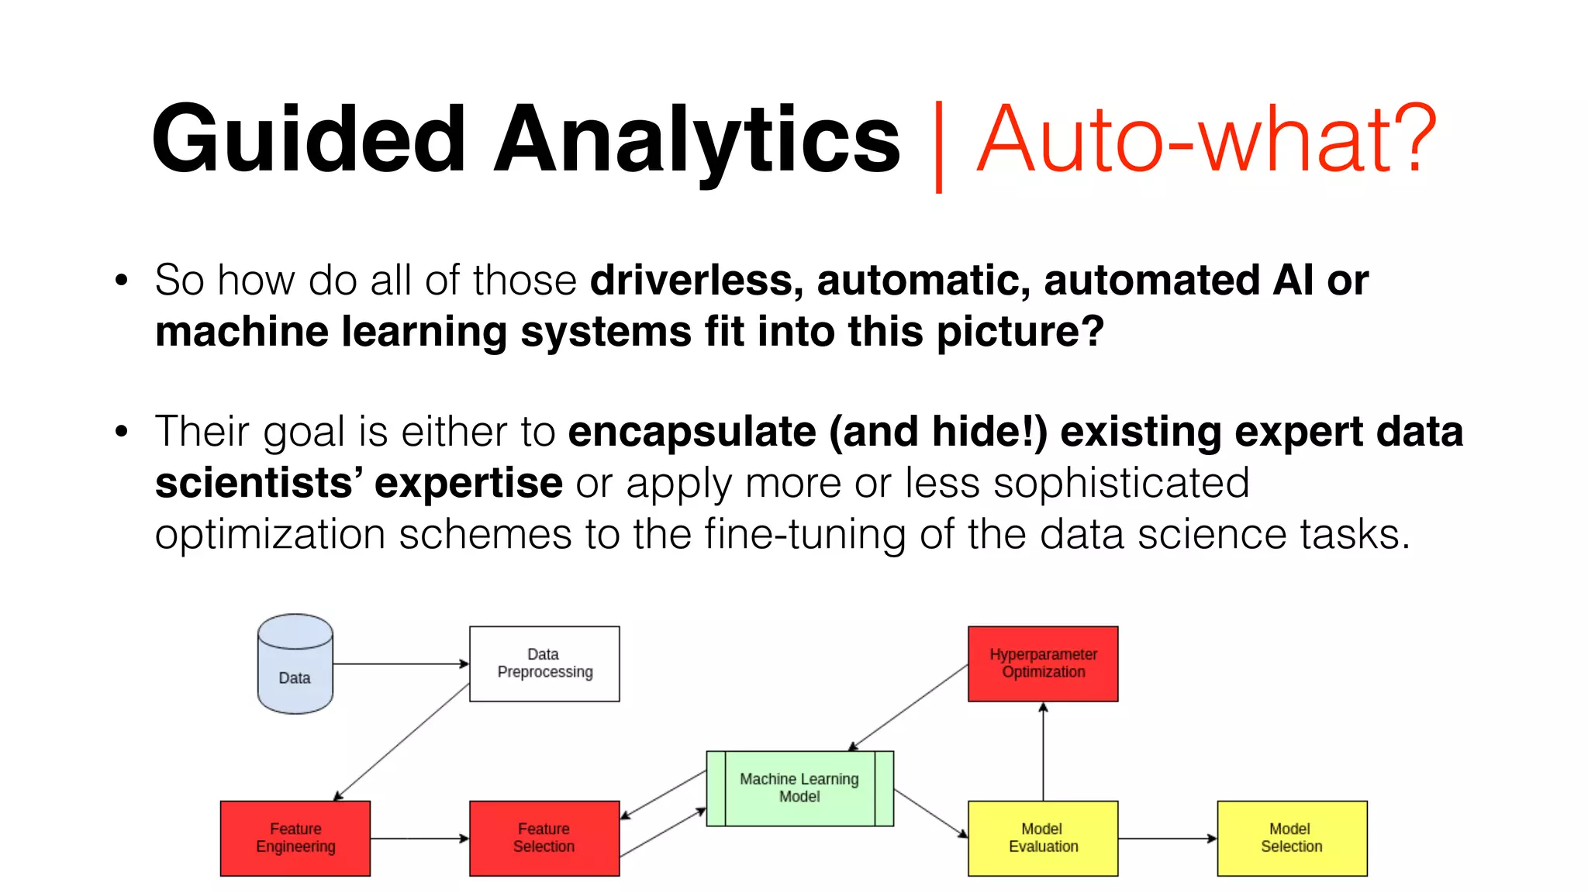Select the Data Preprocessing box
pos(544,664)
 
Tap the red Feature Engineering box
pos(295,838)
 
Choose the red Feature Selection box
pos(544,838)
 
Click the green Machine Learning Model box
pos(799,788)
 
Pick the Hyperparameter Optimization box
pos(1043,664)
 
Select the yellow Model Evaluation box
pos(1043,838)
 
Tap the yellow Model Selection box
pos(1292,838)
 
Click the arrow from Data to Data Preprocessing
pos(401,664)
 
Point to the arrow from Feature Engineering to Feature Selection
pos(419,838)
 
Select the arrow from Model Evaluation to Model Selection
pos(1168,838)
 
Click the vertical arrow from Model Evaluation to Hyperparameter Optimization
pos(1043,751)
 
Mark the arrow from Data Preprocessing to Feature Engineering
pos(402,742)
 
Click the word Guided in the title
pos(309,140)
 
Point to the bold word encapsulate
pos(692,432)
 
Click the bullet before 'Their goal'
pos(121,432)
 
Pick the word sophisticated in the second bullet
pos(1121,483)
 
